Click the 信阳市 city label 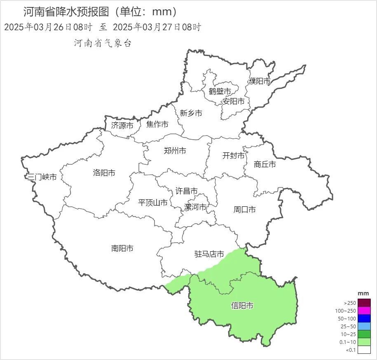pos(242,306)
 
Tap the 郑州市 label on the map pos(175,151)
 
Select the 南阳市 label pos(122,248)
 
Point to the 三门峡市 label pos(42,177)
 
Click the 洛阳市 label pos(104,173)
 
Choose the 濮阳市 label pos(260,81)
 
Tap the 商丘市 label pos(265,164)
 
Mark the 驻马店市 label pos(209,254)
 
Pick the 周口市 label pos(244,210)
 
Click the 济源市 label pos(122,125)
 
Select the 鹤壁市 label pos(220,91)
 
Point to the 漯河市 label pos(195,207)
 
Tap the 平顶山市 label pos(152,203)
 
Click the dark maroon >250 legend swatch pos(364,303)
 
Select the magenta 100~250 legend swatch pos(364,311)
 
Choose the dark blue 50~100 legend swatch pos(364,318)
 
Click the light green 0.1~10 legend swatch pos(364,342)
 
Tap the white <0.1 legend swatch pos(364,350)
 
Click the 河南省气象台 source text pos(103,43)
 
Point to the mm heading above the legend pos(363,293)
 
